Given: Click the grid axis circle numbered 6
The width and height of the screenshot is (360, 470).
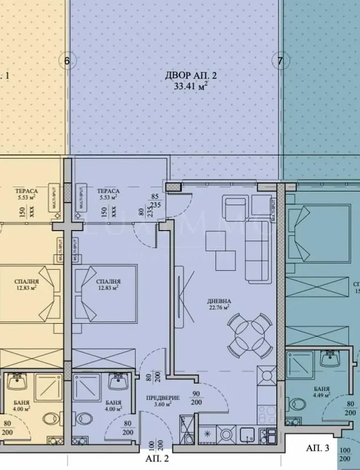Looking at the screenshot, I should tap(67, 61).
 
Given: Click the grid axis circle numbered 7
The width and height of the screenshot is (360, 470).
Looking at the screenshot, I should tap(280, 61).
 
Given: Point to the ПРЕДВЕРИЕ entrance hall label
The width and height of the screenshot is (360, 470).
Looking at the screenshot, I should tap(157, 396).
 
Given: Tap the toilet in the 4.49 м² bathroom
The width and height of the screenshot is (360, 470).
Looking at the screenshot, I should tap(297, 404).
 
